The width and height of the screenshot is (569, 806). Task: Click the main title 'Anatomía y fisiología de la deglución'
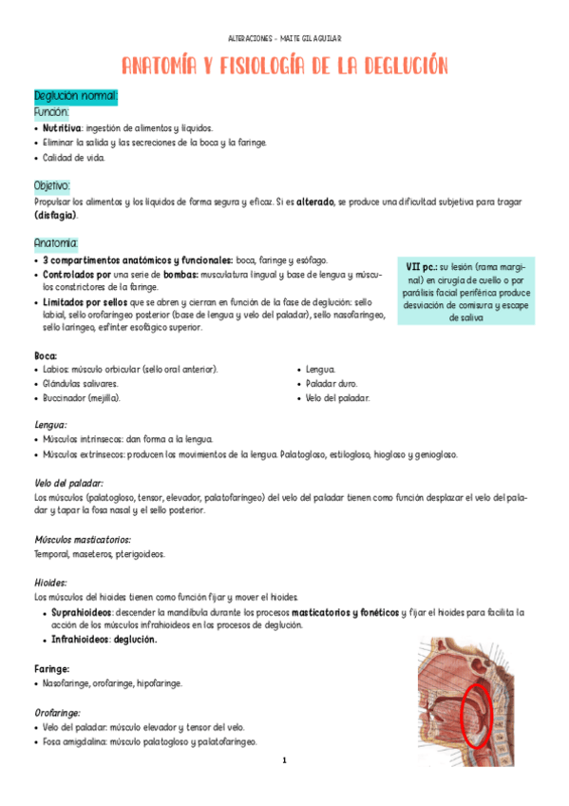click(x=284, y=66)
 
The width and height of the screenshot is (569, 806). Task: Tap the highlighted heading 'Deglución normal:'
click(x=75, y=96)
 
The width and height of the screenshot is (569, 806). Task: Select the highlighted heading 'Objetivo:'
click(x=52, y=185)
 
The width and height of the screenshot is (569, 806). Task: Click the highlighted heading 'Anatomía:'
click(x=56, y=242)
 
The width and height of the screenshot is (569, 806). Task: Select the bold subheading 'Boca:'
click(x=47, y=355)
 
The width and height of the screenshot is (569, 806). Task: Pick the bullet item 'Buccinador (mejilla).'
click(x=82, y=397)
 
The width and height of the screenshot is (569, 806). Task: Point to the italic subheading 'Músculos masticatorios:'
click(x=83, y=540)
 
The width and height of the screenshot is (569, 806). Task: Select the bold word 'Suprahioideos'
click(x=81, y=612)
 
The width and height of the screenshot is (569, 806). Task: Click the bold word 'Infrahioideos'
click(x=80, y=640)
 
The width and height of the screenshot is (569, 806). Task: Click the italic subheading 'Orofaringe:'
click(x=57, y=711)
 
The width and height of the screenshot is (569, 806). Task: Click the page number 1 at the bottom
click(x=284, y=760)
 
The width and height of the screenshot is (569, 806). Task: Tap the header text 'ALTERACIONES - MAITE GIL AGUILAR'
click(x=285, y=38)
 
